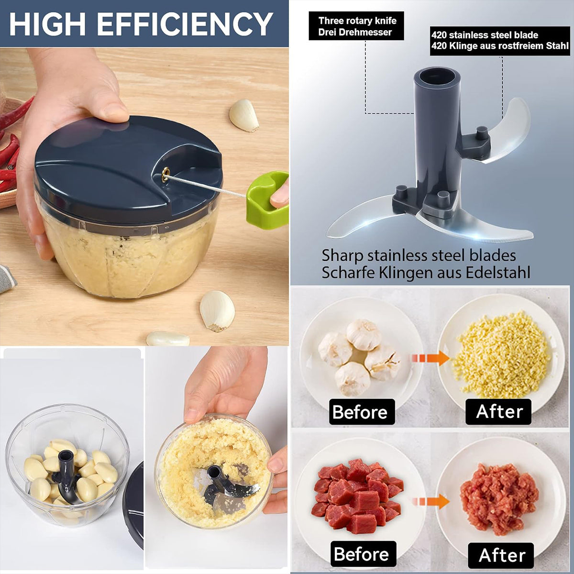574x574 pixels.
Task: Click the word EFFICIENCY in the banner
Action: click(187, 24)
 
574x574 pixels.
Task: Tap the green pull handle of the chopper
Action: click(265, 201)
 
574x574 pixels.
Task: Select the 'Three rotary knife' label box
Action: click(356, 26)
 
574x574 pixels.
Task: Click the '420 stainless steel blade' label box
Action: click(500, 41)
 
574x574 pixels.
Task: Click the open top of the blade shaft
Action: click(436, 77)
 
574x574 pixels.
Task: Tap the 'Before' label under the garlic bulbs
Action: click(361, 412)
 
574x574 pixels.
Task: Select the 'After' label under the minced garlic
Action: click(499, 412)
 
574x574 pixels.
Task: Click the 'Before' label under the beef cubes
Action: click(363, 554)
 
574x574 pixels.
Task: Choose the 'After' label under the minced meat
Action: click(501, 555)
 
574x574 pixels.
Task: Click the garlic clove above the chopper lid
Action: click(244, 115)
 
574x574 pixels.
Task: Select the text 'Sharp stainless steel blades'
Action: click(419, 255)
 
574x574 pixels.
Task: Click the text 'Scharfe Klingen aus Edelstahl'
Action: click(426, 273)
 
